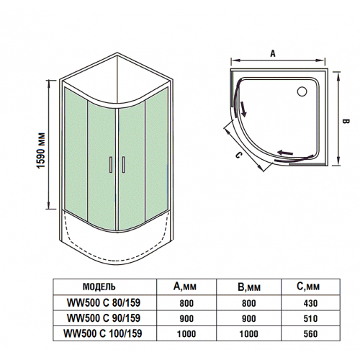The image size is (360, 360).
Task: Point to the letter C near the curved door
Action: [235, 152]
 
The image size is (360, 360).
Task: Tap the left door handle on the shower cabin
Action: [110, 165]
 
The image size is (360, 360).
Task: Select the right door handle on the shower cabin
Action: [123, 165]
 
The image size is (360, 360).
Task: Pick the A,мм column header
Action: [186, 287]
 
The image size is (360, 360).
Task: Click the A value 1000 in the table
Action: [186, 333]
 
